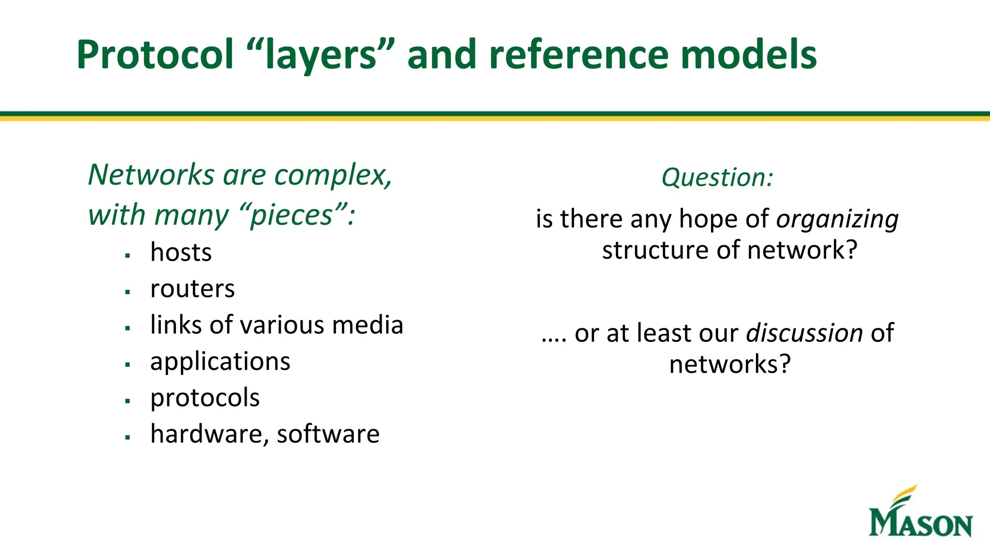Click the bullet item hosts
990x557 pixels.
tap(181, 252)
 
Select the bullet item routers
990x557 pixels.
tap(192, 289)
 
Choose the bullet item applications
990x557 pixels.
tap(220, 362)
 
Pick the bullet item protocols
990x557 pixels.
tap(205, 398)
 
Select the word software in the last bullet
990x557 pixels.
tap(328, 434)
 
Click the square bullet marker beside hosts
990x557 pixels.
tap(128, 255)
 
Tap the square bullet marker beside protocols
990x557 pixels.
tap(128, 401)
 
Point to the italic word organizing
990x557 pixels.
tap(837, 220)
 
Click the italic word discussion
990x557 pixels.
tap(804, 333)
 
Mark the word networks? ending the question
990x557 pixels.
tap(730, 364)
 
